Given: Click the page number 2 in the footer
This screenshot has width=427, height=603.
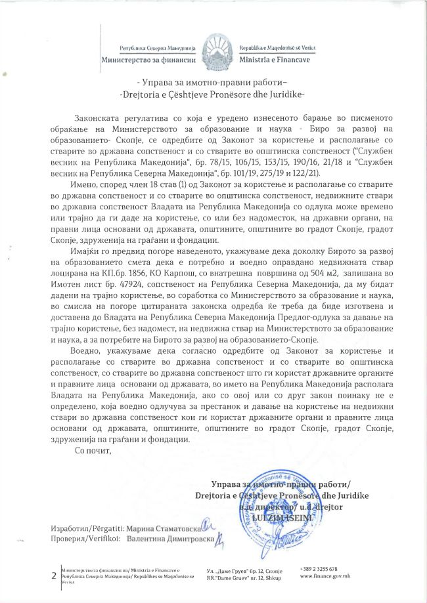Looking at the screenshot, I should click(53, 576).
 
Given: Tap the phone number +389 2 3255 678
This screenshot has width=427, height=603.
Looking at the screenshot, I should click(319, 569).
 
